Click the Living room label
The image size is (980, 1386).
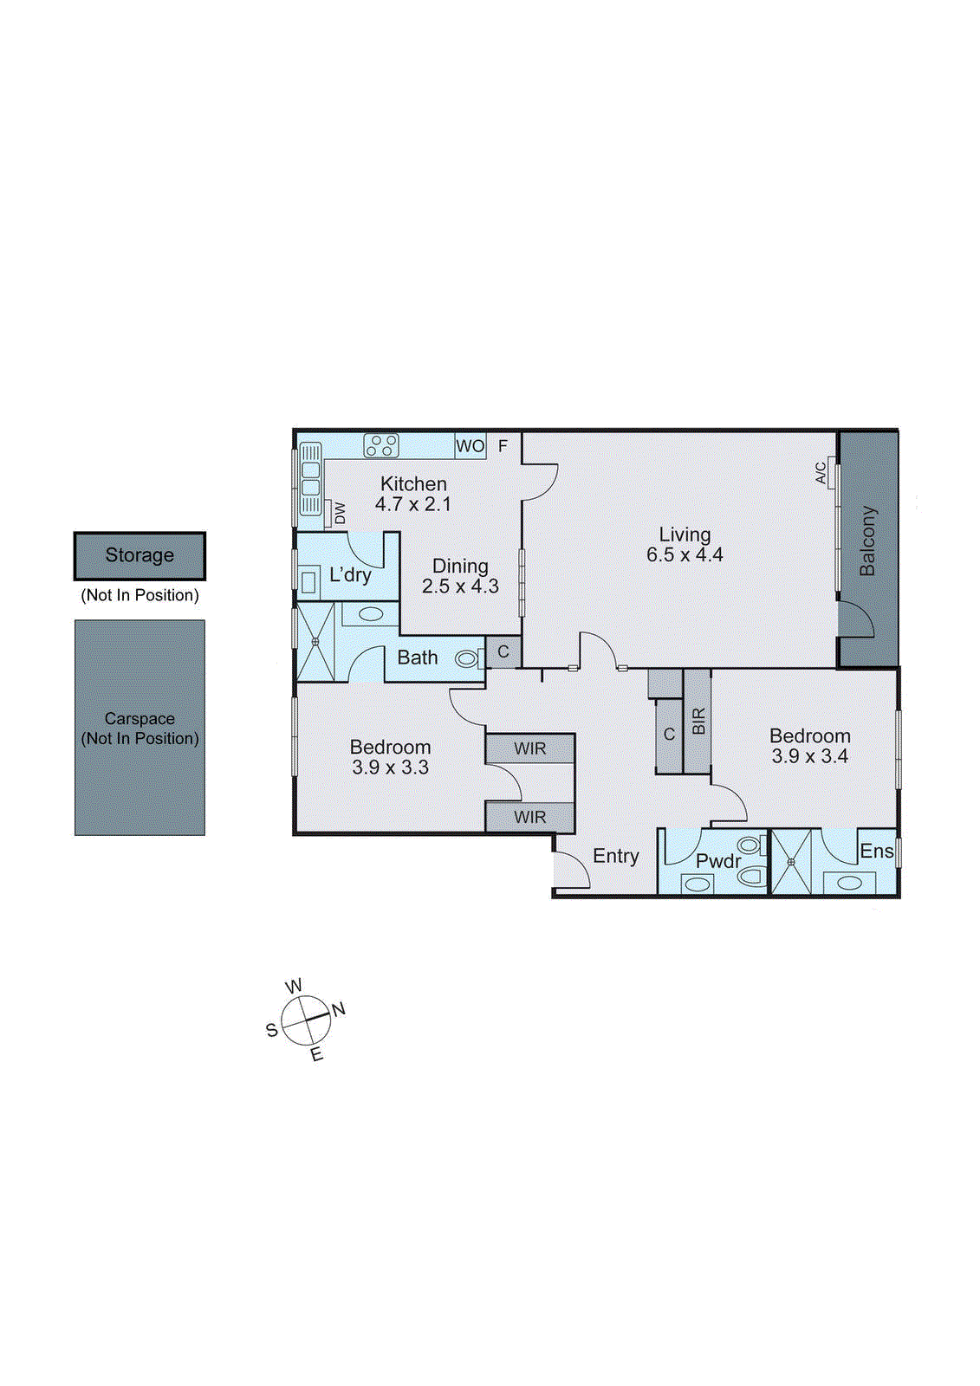coord(685,534)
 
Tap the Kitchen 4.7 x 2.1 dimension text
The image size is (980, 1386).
coord(413,504)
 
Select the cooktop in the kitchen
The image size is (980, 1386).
coord(381,445)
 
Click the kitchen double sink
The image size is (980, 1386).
coord(310,480)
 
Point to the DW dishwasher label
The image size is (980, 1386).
coord(340,513)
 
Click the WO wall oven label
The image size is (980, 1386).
coord(470,446)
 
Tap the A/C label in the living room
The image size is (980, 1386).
coord(821,473)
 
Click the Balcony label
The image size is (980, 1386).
coord(867,541)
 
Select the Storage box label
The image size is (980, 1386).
coord(140,555)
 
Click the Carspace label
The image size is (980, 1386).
coord(140,719)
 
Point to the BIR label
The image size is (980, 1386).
coord(698,721)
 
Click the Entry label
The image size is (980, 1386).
coord(616,856)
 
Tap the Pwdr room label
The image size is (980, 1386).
coord(718,861)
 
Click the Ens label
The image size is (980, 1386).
coord(876,852)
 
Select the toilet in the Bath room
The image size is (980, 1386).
coord(468,659)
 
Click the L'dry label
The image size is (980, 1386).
coord(350,575)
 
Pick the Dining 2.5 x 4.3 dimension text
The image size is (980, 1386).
coord(460,586)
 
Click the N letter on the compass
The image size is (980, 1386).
coord(338,1009)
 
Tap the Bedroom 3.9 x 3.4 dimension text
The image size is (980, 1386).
coord(809,756)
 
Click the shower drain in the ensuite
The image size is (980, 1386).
coord(790,862)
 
